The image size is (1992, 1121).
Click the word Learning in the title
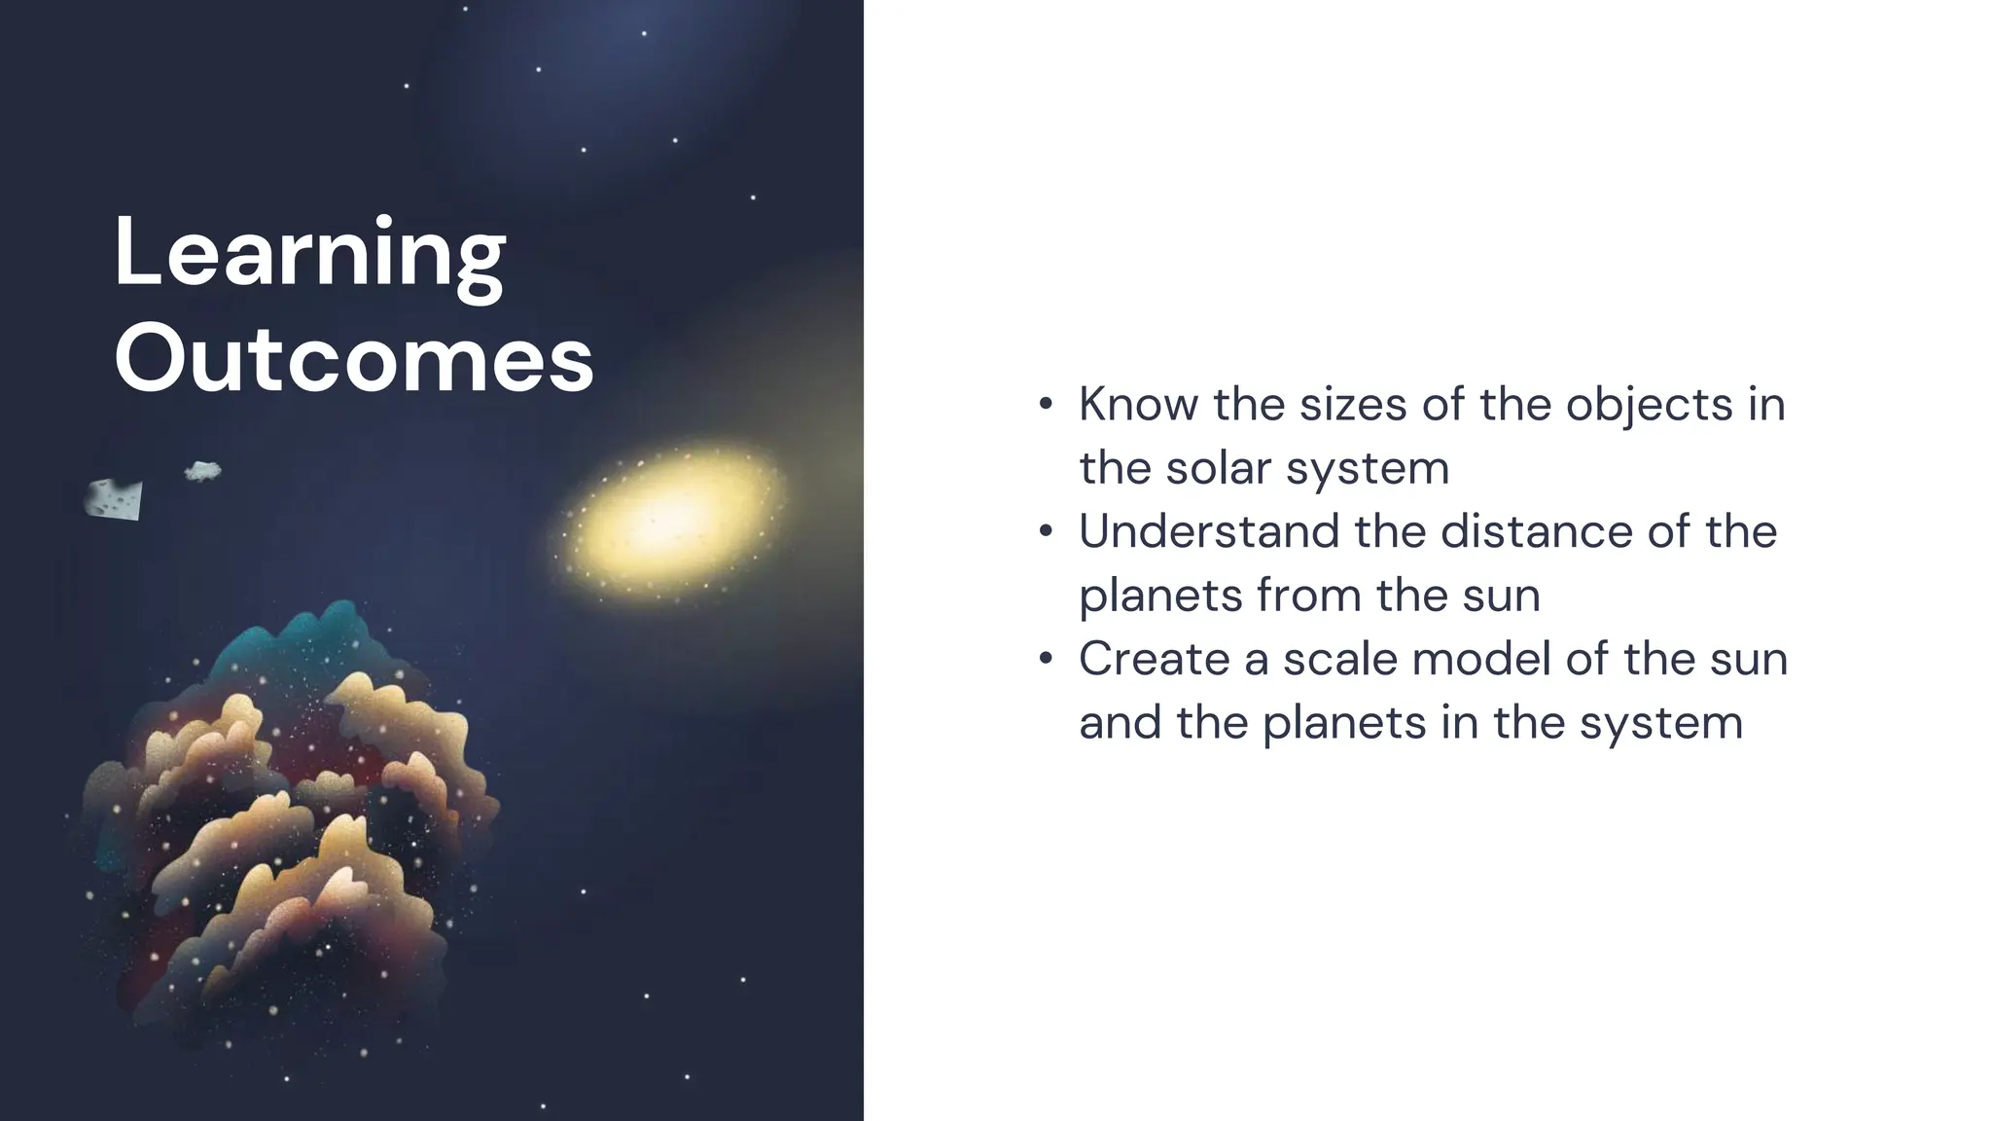coord(309,253)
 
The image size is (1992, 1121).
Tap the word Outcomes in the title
coord(353,360)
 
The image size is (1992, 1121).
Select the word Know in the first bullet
coord(1138,404)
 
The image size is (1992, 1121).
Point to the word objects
coord(1649,406)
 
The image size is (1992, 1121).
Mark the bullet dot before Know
coord(1046,405)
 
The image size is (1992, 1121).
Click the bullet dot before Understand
coord(1046,532)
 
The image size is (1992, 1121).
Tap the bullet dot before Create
coord(1046,660)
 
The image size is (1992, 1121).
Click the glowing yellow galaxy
coord(666,523)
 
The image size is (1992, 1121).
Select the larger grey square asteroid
coord(114,499)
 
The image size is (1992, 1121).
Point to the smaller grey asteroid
coord(202,472)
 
